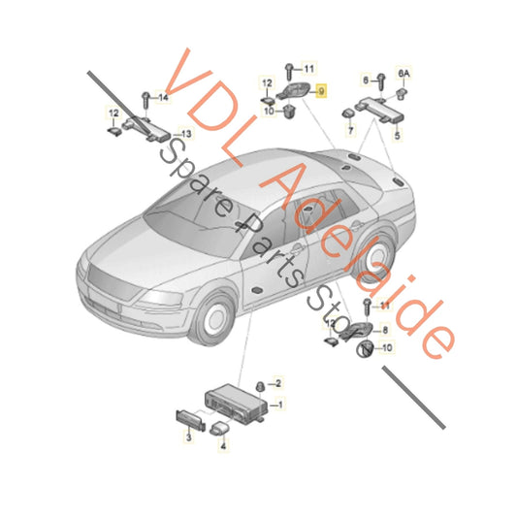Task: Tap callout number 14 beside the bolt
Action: (x=163, y=98)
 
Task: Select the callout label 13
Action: (x=187, y=134)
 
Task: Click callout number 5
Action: (x=395, y=125)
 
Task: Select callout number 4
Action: (x=223, y=448)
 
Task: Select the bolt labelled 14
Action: (x=145, y=98)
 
